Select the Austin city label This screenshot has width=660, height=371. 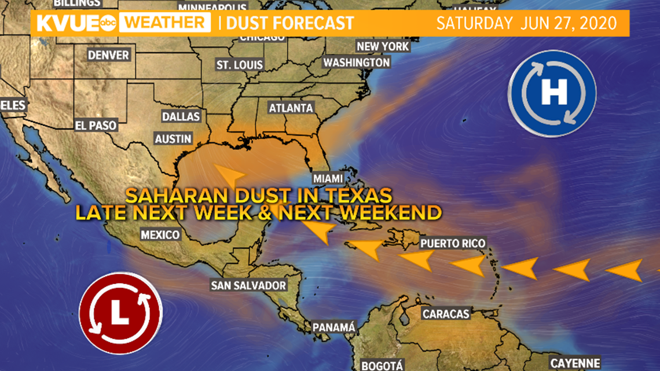[x=173, y=139]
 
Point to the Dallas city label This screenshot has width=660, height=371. [x=181, y=116]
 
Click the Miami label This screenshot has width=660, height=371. [x=327, y=178]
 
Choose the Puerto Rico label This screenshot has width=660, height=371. [x=453, y=243]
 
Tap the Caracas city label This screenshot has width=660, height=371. [x=445, y=314]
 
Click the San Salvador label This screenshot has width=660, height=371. [x=248, y=285]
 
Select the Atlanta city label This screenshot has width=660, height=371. [x=291, y=108]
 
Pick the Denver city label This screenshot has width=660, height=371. [x=108, y=56]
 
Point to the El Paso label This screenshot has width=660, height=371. [x=96, y=125]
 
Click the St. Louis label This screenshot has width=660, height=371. [x=240, y=65]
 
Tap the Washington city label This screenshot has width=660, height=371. [x=357, y=62]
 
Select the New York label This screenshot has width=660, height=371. [x=383, y=46]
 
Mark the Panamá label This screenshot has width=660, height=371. [x=333, y=328]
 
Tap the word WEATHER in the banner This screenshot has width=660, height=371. [x=166, y=24]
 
